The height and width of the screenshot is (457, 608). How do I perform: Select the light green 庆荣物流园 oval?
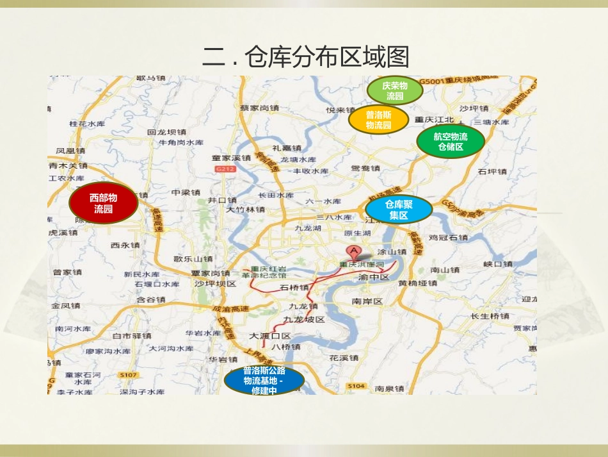coord(395,92)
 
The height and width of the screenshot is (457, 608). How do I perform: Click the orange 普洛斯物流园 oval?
coord(378,120)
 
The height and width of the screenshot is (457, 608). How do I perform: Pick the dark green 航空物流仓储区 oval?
coord(451,142)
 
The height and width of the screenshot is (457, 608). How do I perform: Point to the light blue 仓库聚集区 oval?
coord(398,210)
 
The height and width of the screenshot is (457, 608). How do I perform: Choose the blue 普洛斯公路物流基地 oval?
coord(264,381)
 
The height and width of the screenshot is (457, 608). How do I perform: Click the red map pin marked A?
coord(352,252)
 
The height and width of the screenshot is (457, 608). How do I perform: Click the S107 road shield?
coord(128,374)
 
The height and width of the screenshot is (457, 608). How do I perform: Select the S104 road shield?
coord(356,386)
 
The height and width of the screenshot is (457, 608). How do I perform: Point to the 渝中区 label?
coord(374,278)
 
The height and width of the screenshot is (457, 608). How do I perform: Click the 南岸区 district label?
coord(367,301)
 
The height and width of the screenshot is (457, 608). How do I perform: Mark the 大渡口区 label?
coord(270,336)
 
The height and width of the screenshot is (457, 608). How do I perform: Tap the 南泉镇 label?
coord(390,388)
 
